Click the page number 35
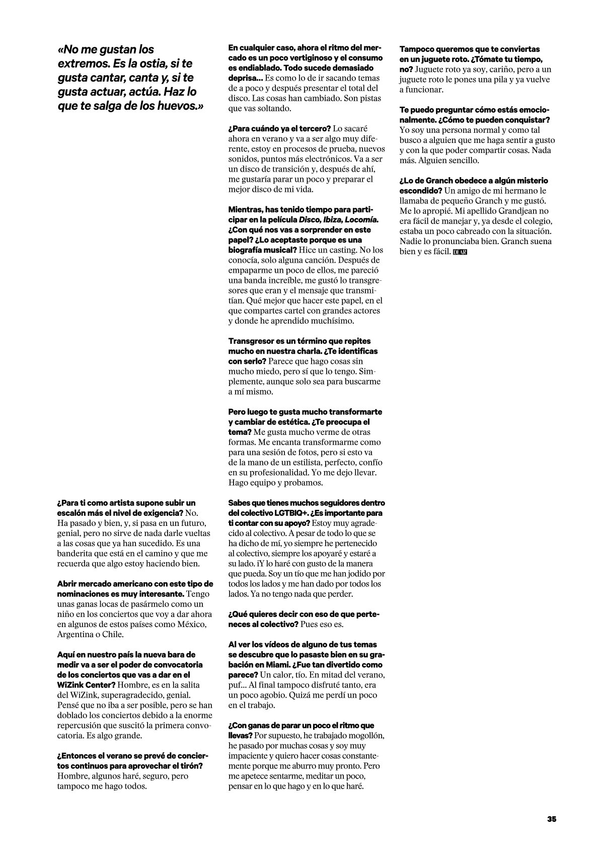click(552, 819)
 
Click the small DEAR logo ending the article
click(460, 252)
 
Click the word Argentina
click(78, 634)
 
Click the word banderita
click(79, 554)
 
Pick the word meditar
click(319, 776)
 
